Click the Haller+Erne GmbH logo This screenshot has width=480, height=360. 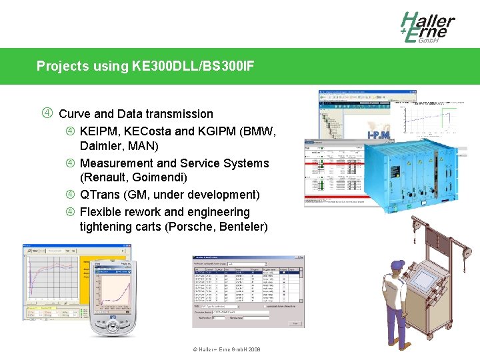point(427,27)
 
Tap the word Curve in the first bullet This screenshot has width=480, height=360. point(75,114)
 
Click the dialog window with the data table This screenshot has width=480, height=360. point(248,291)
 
